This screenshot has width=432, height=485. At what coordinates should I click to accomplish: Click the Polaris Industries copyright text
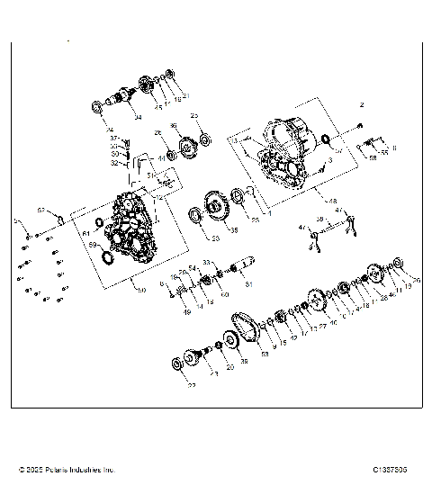point(67,470)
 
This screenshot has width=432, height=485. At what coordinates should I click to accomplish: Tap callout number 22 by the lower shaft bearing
point(192,387)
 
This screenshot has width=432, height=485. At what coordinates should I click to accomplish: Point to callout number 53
point(265,355)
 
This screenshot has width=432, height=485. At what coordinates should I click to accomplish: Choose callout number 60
point(224,294)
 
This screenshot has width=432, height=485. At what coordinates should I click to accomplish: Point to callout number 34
point(138,118)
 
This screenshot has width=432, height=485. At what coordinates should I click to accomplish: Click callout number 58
point(373,157)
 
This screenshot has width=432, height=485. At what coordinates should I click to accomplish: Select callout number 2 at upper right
point(361,104)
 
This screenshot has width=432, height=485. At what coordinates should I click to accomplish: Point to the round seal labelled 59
point(110,259)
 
